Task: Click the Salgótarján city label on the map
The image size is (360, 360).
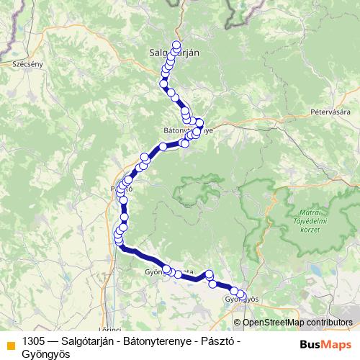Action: click(x=174, y=52)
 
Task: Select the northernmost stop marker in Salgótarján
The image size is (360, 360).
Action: click(x=176, y=44)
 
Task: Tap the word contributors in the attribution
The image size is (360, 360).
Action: click(x=329, y=323)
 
